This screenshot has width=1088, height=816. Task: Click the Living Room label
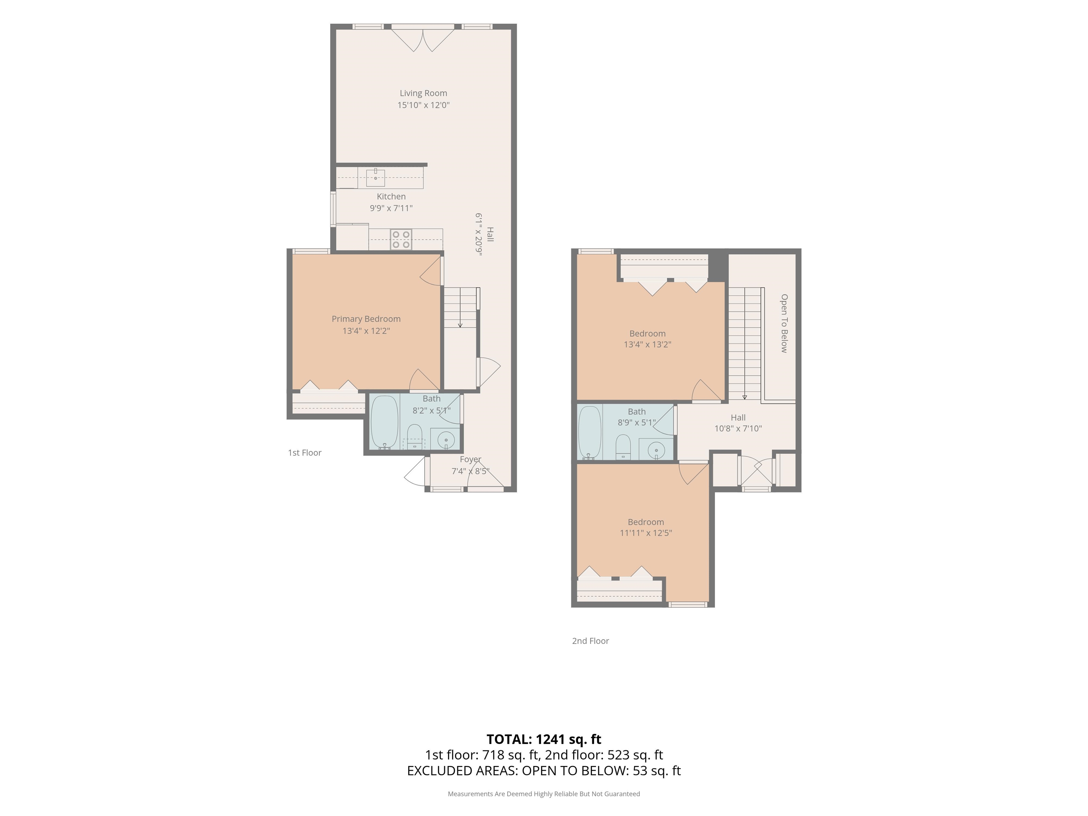click(x=423, y=93)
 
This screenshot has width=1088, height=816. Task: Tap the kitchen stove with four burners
click(x=401, y=239)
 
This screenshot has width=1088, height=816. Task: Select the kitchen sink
click(x=375, y=177)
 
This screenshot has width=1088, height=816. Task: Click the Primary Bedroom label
click(x=366, y=319)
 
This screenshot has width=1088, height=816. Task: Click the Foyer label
click(x=470, y=459)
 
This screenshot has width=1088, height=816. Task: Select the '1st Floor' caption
click(x=305, y=453)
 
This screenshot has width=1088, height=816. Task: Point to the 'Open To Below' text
click(x=784, y=323)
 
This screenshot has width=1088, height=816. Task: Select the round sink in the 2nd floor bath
click(x=656, y=449)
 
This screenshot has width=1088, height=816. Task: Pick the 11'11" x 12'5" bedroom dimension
click(x=646, y=533)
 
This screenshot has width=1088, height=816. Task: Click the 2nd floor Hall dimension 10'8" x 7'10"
click(x=738, y=429)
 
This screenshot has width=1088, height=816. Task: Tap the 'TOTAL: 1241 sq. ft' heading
click(x=544, y=739)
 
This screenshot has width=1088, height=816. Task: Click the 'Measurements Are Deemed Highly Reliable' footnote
click(x=544, y=793)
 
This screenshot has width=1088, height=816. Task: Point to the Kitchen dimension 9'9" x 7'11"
click(x=391, y=208)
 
